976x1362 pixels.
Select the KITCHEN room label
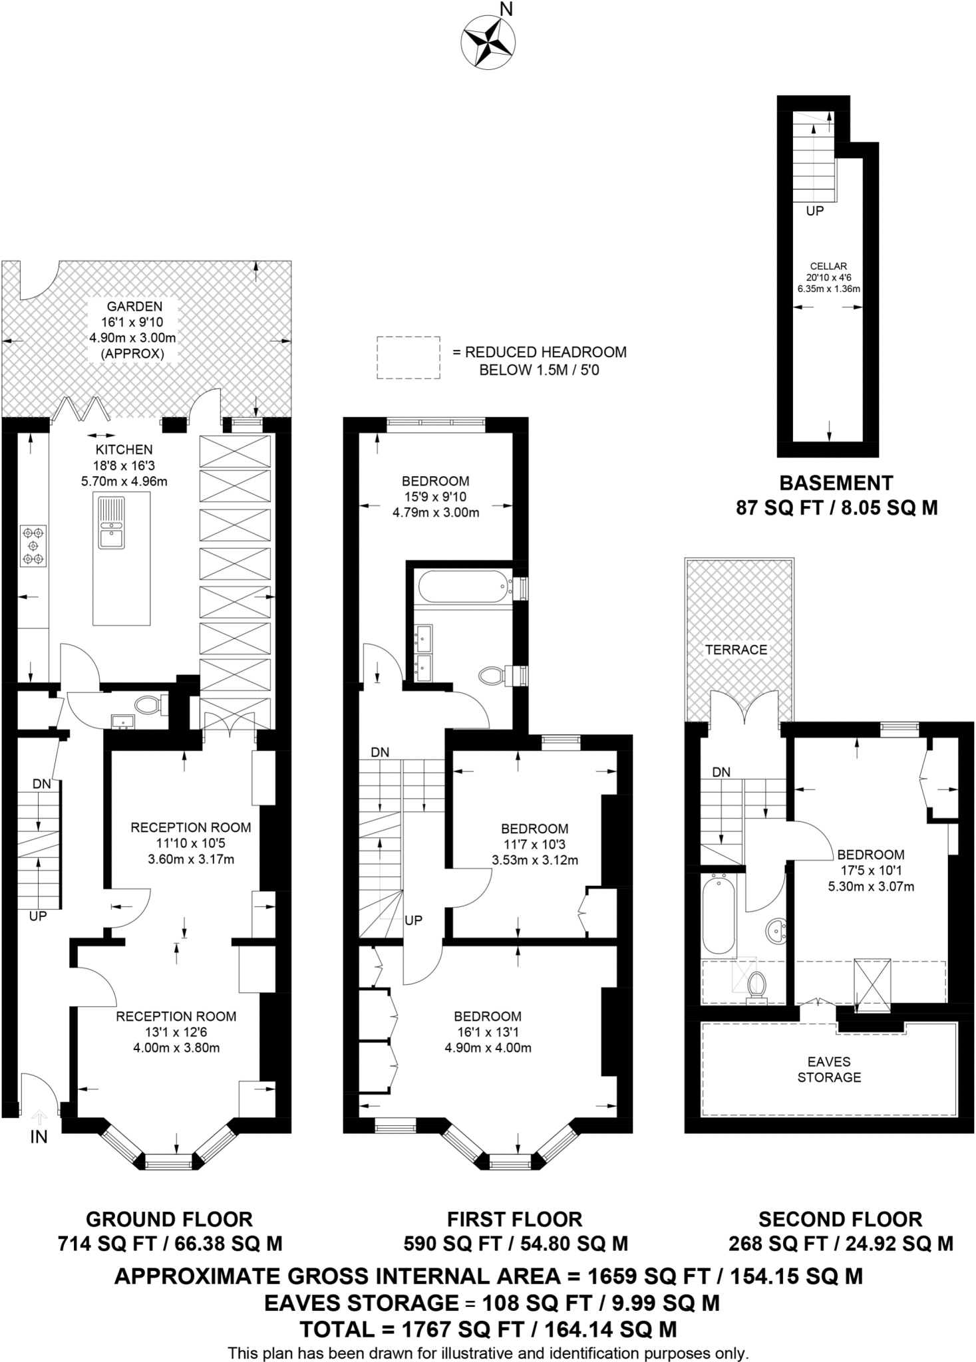point(124,450)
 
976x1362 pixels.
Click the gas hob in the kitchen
point(33,546)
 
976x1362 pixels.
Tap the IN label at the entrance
point(39,1137)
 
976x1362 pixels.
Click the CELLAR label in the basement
point(828,266)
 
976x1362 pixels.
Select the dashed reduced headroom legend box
point(408,358)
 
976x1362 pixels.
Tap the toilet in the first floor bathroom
point(492,676)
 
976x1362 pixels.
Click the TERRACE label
point(736,650)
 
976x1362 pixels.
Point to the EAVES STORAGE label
point(829,1069)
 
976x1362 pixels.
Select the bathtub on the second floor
point(719,915)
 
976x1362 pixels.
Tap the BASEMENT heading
point(836,483)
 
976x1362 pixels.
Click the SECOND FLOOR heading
point(840,1219)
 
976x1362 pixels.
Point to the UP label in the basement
point(814,211)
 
